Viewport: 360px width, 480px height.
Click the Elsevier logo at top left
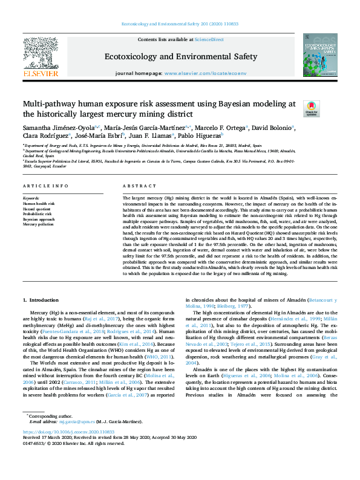point(41,56)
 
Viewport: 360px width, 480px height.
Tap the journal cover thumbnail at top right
point(320,56)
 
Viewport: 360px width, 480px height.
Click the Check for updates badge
point(311,109)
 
